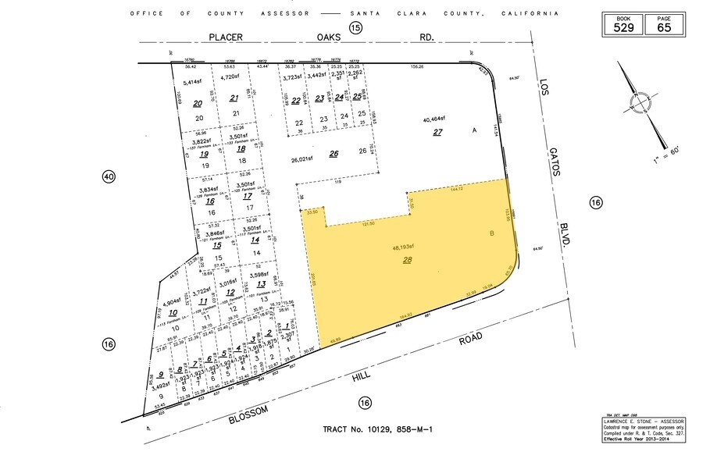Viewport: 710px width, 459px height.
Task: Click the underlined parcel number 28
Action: [x=407, y=260]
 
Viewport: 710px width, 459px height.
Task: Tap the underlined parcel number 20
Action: [x=198, y=103]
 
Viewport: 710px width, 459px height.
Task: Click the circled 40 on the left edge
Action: [x=109, y=177]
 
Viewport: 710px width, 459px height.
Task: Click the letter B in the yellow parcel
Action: [x=492, y=233]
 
